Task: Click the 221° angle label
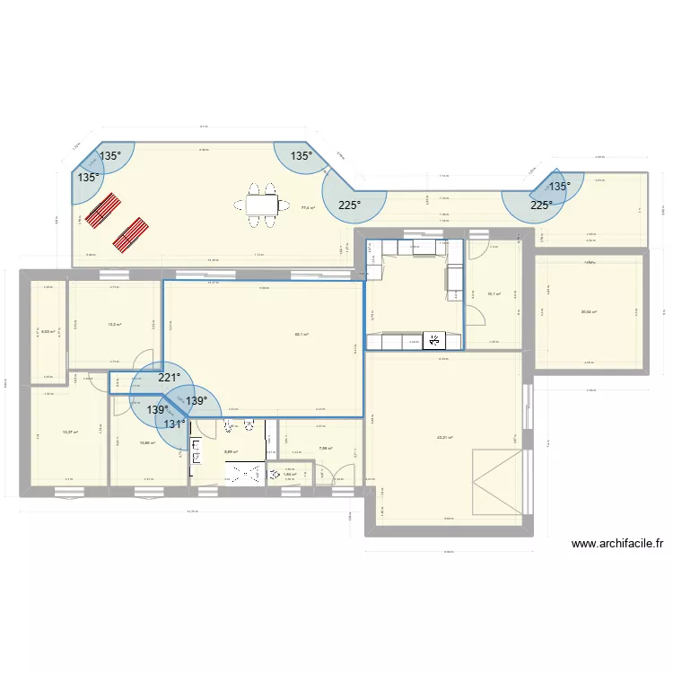[169, 378]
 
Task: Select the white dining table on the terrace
[262, 205]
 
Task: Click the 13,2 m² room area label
[114, 325]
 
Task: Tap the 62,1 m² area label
[302, 335]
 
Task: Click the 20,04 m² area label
[589, 312]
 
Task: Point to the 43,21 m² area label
[444, 438]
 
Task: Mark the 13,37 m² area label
[70, 433]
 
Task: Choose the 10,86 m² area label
[147, 442]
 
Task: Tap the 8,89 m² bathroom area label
[231, 451]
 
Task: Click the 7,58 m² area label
[325, 449]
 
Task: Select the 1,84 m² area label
[290, 475]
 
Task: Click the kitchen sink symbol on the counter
[435, 340]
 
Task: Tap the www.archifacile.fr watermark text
[616, 543]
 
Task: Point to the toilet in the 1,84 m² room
[273, 475]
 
